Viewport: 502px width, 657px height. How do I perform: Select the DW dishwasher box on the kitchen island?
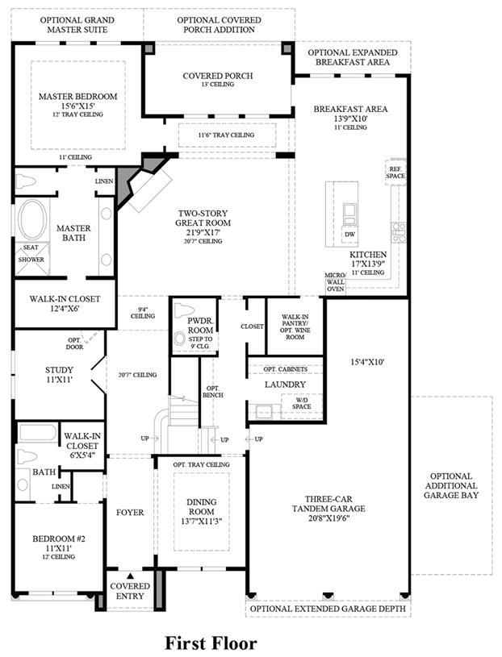click(349, 235)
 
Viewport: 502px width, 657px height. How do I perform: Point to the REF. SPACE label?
click(395, 173)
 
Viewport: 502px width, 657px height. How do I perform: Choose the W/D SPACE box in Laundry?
click(302, 403)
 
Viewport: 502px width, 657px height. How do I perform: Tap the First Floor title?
click(211, 642)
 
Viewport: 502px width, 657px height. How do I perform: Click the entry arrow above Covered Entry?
click(130, 576)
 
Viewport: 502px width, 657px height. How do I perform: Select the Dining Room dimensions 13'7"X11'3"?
click(201, 522)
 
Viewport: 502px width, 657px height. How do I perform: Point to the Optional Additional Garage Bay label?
click(451, 485)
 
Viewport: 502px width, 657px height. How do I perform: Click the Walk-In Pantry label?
click(295, 326)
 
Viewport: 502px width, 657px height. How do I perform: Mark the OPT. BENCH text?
click(213, 392)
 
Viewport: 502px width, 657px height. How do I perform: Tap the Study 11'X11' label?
click(59, 375)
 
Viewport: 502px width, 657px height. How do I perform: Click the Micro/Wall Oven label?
click(335, 282)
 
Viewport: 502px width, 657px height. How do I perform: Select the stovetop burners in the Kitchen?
click(399, 232)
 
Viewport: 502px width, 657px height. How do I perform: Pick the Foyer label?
click(130, 512)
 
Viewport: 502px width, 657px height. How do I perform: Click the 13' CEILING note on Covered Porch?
click(218, 84)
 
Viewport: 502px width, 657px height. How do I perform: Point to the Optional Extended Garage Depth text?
click(328, 609)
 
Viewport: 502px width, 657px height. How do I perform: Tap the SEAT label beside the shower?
click(31, 247)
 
